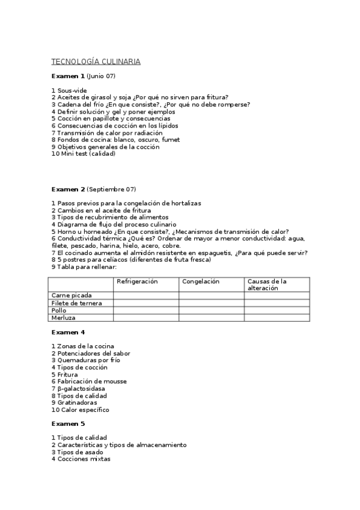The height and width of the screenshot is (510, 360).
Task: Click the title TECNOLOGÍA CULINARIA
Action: click(x=96, y=62)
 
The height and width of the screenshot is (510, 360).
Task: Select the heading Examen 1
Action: click(x=68, y=76)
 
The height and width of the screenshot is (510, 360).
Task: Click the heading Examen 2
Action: click(x=68, y=189)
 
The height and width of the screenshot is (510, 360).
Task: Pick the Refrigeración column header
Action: click(x=137, y=281)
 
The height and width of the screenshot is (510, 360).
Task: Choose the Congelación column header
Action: click(x=201, y=281)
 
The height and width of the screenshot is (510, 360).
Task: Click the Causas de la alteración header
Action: click(x=267, y=284)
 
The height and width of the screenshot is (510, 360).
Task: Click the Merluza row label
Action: click(x=63, y=317)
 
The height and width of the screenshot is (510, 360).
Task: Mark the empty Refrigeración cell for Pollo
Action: click(x=146, y=310)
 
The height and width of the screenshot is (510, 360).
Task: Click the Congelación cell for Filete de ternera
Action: click(x=212, y=303)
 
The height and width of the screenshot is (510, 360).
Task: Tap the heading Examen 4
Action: click(x=68, y=332)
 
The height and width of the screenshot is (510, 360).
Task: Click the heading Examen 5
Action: click(x=68, y=424)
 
